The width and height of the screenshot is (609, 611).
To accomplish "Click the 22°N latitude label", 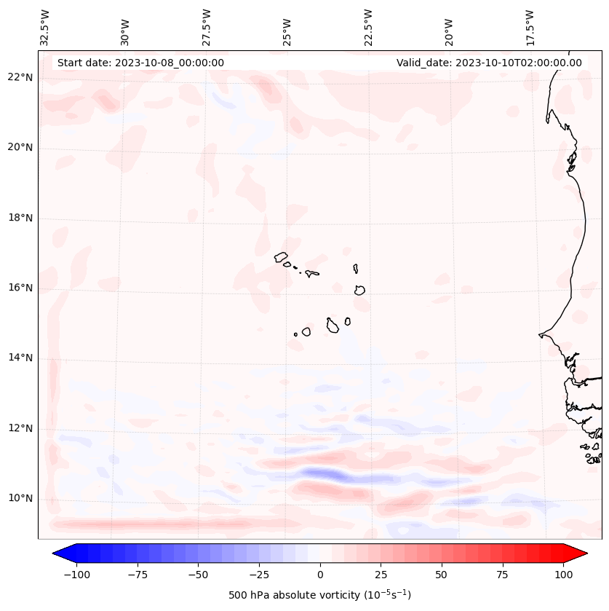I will coord(20,77).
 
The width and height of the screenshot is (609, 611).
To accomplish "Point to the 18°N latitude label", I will coord(20,218).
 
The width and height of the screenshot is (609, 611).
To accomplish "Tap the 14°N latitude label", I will coord(20,358).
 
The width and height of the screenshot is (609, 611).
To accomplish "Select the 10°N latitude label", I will coord(20,498).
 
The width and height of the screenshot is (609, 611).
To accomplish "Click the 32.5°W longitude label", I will coord(45,28).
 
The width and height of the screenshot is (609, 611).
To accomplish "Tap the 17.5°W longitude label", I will coord(530,28).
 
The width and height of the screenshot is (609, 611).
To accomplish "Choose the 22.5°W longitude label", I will coord(368,28).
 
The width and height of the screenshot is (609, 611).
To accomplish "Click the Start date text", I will coord(140,63).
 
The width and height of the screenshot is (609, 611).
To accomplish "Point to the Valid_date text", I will coord(489,63).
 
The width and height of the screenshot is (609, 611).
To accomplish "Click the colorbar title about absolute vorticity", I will coord(319,595).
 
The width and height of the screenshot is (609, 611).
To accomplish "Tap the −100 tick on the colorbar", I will coord(76,575).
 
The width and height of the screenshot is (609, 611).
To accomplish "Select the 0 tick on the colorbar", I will coord(319,575).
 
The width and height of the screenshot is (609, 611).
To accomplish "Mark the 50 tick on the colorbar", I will coord(441,575).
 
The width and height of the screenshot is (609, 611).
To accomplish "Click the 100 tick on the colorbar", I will coord(562,575).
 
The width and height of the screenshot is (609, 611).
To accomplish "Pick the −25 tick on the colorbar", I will coord(259,575).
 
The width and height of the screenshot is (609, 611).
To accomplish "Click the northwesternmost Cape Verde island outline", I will coord(281,256).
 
